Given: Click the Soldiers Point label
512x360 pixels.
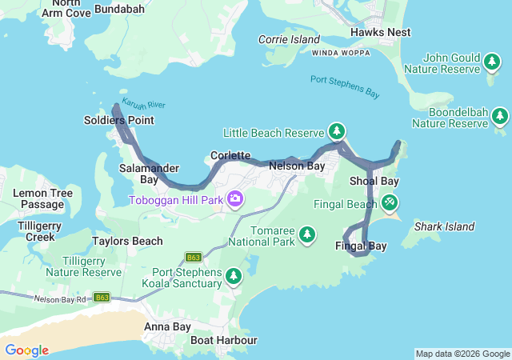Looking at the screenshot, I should click(x=118, y=121).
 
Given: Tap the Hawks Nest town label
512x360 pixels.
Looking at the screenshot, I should click(x=381, y=33).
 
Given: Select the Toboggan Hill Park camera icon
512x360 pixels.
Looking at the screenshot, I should click(x=235, y=198).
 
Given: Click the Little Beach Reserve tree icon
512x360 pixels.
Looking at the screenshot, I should click(x=337, y=131).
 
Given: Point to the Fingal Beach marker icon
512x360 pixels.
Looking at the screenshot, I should click(x=390, y=202).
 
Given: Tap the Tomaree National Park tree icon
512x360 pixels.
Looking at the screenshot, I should click(x=306, y=234).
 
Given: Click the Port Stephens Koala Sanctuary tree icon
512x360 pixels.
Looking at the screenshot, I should click(x=233, y=276).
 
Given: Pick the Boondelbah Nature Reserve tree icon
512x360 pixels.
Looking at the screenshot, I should click(x=500, y=117).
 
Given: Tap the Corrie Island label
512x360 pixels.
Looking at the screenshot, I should click(x=289, y=39).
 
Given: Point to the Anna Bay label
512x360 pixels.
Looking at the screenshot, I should click(x=167, y=326).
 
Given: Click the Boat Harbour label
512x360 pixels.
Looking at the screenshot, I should click(x=224, y=340).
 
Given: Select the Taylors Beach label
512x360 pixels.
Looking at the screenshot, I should click(x=127, y=241).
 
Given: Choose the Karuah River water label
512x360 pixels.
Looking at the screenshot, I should click(x=145, y=105).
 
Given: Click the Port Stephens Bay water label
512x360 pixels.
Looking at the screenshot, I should click(x=345, y=86).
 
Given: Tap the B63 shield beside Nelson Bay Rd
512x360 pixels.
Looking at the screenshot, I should click(x=102, y=297).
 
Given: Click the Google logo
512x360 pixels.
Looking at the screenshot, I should click(x=26, y=350).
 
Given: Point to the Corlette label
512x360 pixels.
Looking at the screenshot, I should click(x=230, y=155).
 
